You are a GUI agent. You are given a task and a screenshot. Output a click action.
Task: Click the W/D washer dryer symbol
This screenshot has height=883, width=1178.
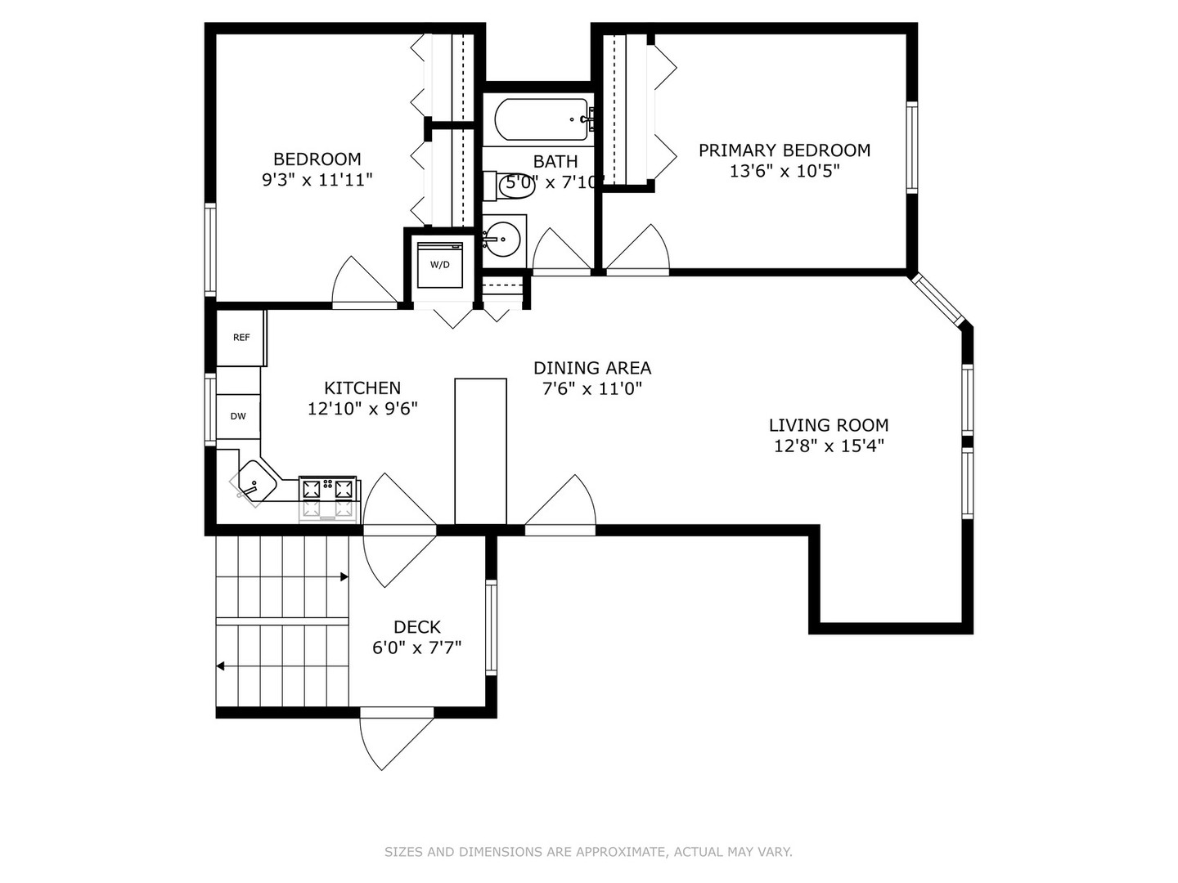point(440,264)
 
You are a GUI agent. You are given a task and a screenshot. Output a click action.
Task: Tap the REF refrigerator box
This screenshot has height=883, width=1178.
point(241,337)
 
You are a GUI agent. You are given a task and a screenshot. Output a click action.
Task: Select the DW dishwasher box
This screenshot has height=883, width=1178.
point(238,416)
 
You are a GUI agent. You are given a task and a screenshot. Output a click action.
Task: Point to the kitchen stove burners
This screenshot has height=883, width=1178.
point(329,490)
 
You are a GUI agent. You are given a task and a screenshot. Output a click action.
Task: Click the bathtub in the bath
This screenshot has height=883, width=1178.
point(541,120)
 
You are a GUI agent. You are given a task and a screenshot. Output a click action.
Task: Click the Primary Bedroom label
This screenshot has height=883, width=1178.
point(784,150)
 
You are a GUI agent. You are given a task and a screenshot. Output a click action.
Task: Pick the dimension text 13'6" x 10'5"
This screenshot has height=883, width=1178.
point(784,172)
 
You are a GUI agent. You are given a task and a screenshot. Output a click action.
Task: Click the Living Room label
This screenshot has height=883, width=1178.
point(828,425)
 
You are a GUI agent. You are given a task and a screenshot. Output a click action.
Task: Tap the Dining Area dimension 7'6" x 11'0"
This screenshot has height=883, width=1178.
point(591,389)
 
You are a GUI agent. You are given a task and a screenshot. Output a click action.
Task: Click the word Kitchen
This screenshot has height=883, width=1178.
point(362,388)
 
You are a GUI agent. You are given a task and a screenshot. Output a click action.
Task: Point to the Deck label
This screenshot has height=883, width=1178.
point(416,627)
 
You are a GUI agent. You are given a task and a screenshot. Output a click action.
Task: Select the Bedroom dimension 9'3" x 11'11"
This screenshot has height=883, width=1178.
point(317,180)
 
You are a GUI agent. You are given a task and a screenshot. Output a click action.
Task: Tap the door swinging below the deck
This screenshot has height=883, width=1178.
point(395,740)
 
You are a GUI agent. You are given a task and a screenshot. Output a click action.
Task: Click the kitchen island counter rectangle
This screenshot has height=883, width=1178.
point(480,450)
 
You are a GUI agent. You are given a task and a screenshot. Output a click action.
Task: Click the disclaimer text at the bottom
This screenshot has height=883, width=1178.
point(588,852)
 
